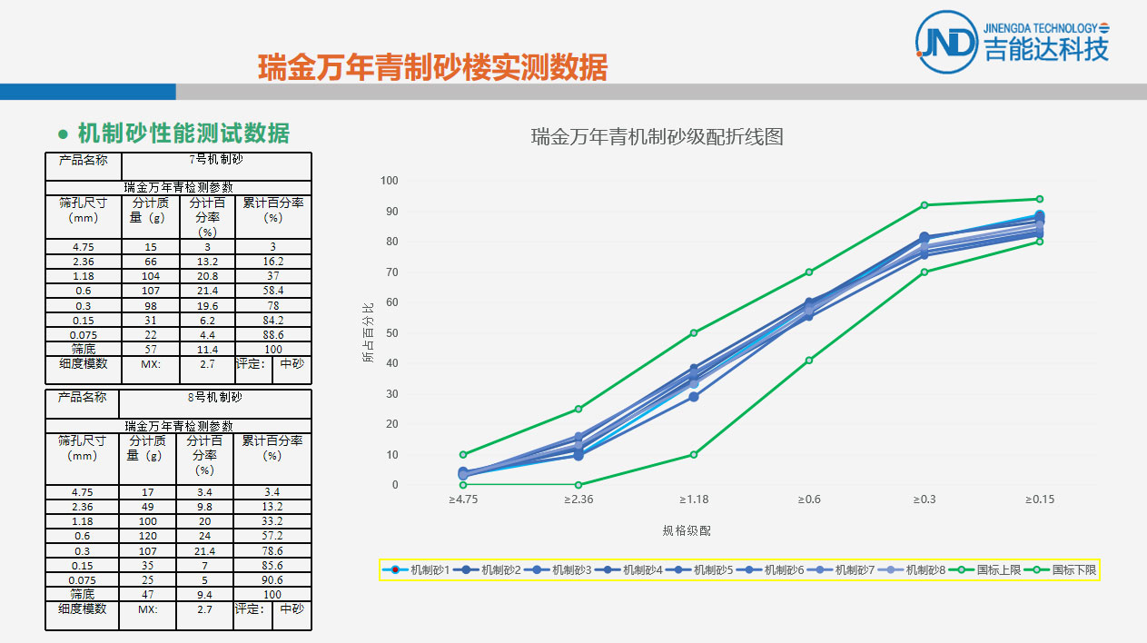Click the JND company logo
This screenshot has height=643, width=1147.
coord(947,41)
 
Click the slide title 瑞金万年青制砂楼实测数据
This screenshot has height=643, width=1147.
coord(432,67)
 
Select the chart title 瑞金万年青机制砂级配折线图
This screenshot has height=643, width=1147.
coord(657,137)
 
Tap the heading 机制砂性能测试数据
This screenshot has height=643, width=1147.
coord(183,134)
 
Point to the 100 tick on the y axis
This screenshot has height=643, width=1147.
coord(389,181)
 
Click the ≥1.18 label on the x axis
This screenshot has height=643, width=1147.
coord(694,500)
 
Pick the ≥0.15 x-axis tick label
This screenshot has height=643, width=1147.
coord(1040,500)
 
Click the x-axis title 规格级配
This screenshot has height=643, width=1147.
coord(687,530)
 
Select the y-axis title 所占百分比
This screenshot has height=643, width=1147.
coord(368,332)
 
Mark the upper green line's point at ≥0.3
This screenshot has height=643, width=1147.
coord(925,205)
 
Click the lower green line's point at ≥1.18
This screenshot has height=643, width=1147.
coord(694,454)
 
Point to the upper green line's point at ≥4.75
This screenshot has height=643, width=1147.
coord(463,454)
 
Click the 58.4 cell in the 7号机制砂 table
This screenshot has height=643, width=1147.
coord(272,291)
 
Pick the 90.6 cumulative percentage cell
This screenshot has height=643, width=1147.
coord(272,579)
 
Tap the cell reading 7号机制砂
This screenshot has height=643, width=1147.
coord(215,160)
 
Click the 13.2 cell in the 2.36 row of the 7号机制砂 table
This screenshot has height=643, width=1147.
coord(207,262)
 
